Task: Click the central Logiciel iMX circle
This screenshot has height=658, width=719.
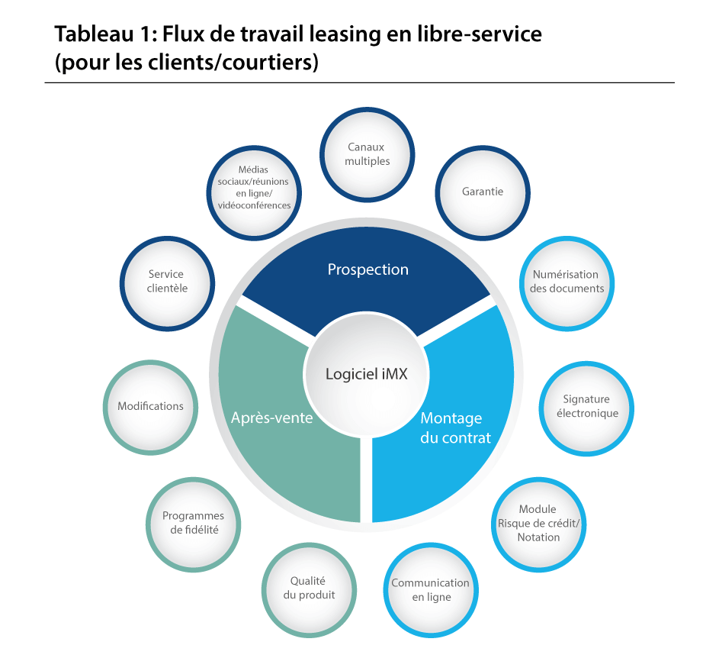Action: [x=367, y=375]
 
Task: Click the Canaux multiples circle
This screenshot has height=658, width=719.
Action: [x=368, y=154]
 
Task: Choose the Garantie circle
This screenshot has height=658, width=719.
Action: [x=483, y=192]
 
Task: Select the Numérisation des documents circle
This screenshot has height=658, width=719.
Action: [x=567, y=281]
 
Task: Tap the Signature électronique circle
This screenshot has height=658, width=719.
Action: [x=586, y=407]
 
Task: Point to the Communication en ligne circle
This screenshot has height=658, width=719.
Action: [x=430, y=590]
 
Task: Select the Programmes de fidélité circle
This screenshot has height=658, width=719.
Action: [x=193, y=523]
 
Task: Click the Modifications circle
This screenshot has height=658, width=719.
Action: [x=150, y=406]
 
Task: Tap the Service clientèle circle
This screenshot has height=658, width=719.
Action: [x=167, y=281]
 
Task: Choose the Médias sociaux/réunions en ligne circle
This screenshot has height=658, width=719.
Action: [x=253, y=187]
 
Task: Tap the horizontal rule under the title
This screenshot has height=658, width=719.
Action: [x=359, y=82]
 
